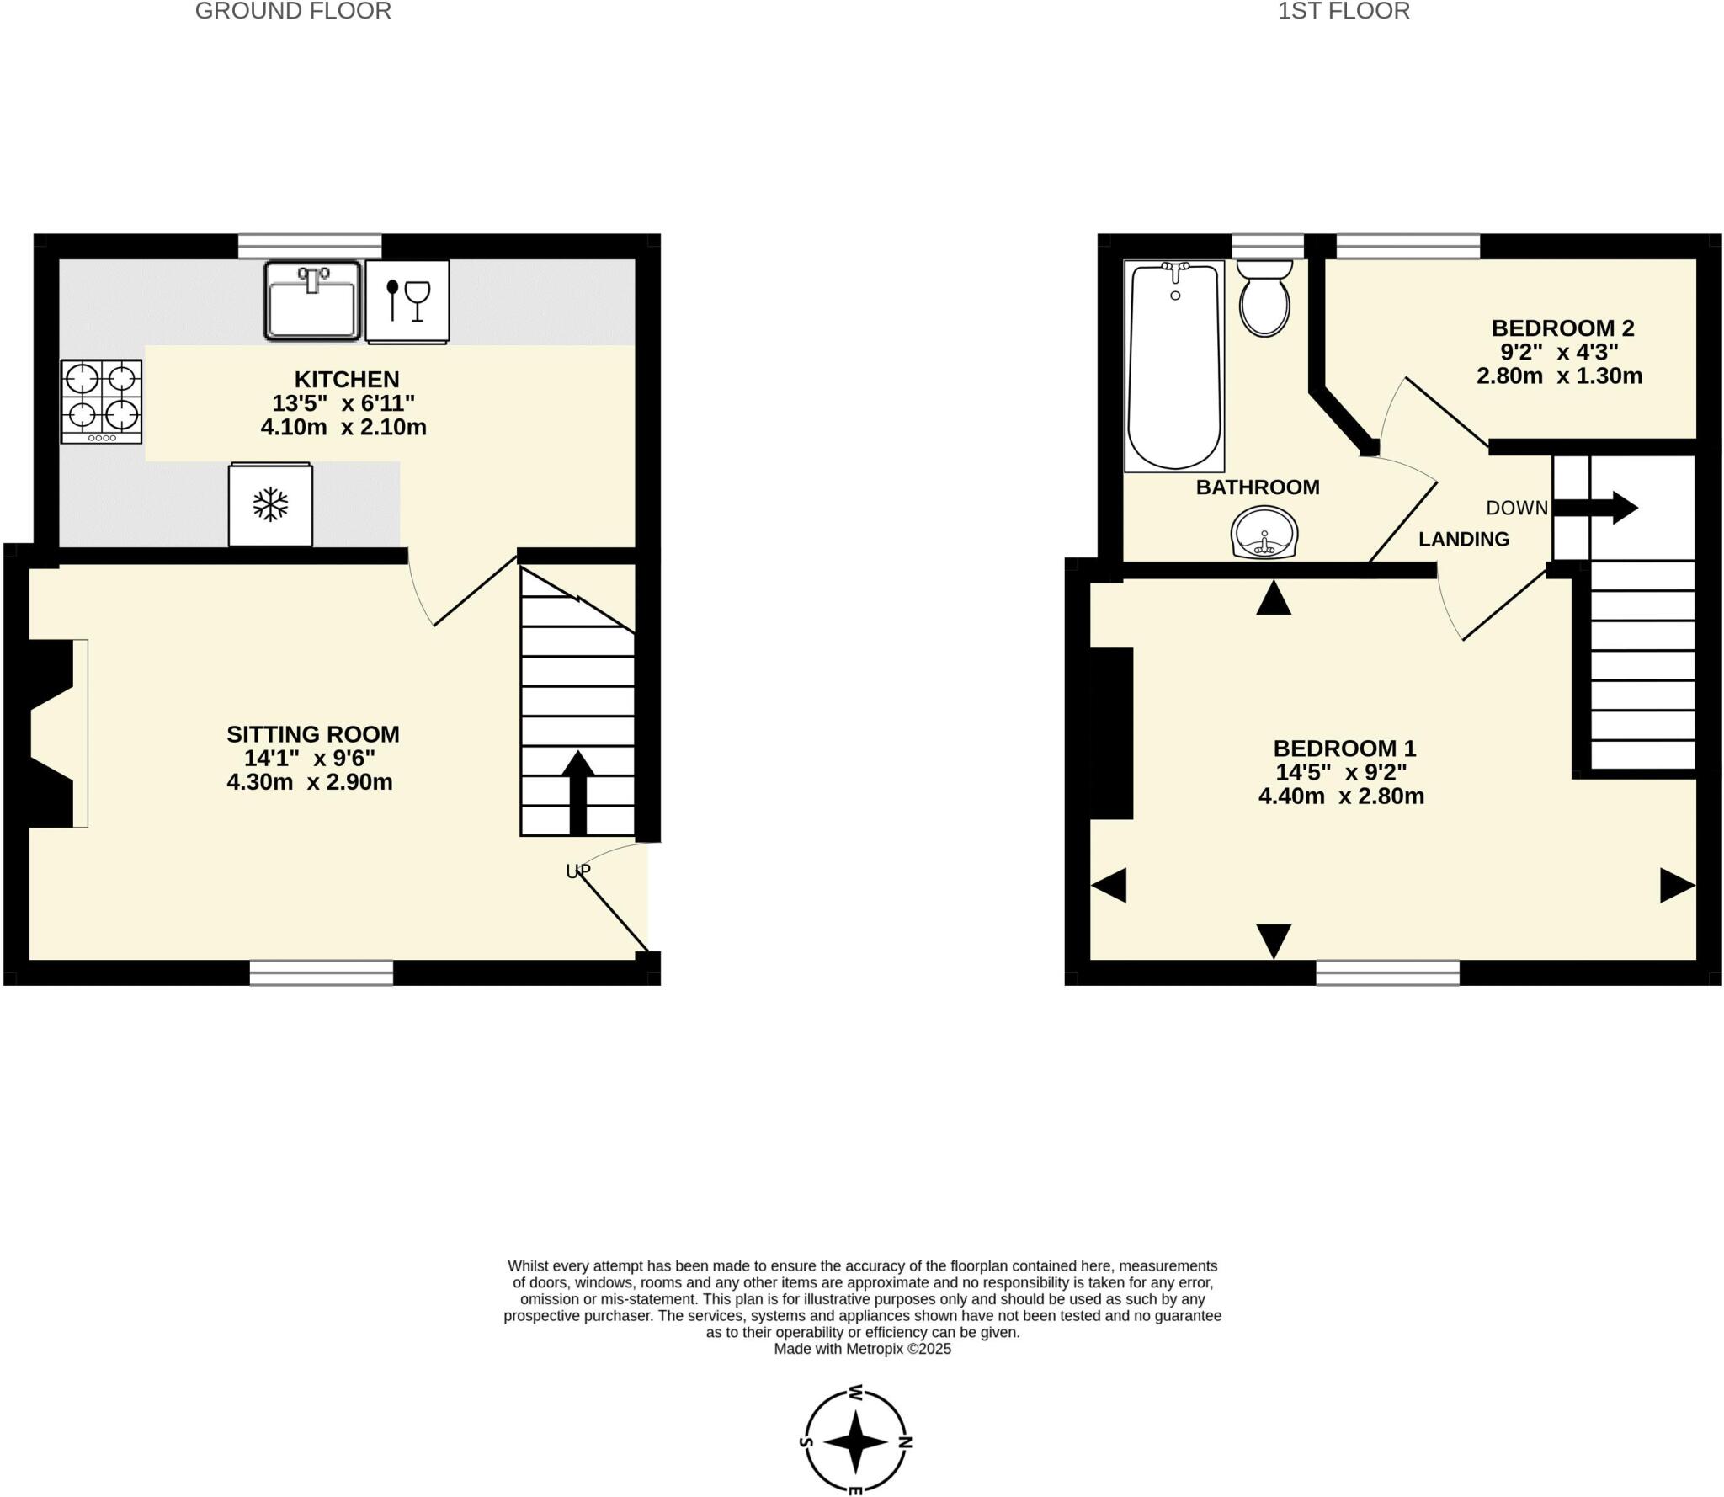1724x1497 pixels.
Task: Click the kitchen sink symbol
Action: click(312, 300)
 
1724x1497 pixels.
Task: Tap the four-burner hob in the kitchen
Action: click(101, 401)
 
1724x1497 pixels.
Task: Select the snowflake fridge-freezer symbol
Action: click(270, 504)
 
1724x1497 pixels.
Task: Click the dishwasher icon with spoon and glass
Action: click(407, 301)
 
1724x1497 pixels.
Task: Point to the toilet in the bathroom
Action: click(1264, 298)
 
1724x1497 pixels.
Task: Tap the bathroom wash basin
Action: click(1264, 533)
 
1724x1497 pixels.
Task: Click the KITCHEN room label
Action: click(346, 379)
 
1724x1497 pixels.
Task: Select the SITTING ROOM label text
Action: click(312, 734)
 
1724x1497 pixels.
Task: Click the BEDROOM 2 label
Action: click(1562, 328)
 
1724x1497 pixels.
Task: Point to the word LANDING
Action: click(1463, 539)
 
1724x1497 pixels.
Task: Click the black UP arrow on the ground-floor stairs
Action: click(577, 791)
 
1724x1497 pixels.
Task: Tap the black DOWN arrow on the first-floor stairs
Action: click(1594, 508)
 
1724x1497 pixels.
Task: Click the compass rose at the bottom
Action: click(855, 1441)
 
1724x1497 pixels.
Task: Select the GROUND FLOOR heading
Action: click(293, 11)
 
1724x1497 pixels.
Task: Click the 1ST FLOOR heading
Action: click(1344, 11)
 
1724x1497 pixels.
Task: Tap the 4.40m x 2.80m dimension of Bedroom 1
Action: click(1341, 796)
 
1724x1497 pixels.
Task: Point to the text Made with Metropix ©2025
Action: click(862, 1349)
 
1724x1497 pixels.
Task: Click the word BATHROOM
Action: click(1257, 487)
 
